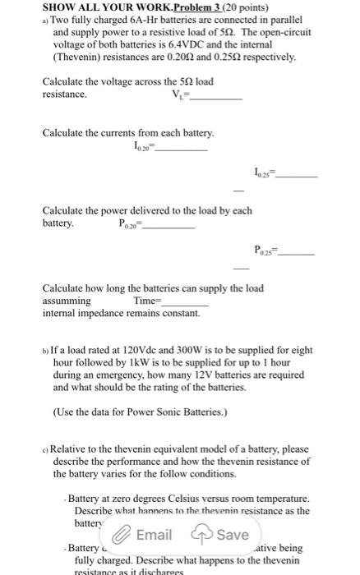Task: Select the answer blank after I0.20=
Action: tap(182, 149)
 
